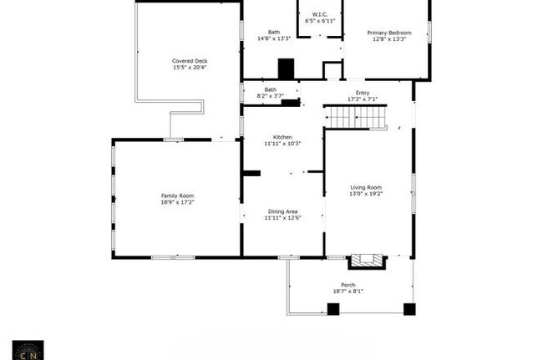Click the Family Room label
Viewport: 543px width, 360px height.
[x=177, y=195]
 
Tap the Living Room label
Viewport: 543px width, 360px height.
[x=365, y=187]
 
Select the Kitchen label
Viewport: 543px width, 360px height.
[x=282, y=137]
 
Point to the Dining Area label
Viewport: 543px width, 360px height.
[x=282, y=211]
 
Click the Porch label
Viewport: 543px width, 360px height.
[x=348, y=285]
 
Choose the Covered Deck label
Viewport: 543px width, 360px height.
[x=189, y=61]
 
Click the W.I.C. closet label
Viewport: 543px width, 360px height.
[x=320, y=14]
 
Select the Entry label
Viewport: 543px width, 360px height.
[x=363, y=93]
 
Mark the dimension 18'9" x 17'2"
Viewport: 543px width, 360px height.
[x=177, y=202]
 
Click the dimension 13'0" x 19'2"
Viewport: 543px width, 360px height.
[x=365, y=194]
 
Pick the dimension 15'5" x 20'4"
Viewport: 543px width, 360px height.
[x=189, y=68]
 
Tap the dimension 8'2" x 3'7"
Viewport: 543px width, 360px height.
[x=271, y=96]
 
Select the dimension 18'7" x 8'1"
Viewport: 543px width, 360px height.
[x=348, y=292]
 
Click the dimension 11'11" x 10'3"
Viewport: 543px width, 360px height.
[x=282, y=144]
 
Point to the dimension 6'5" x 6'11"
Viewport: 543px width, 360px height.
[x=320, y=21]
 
